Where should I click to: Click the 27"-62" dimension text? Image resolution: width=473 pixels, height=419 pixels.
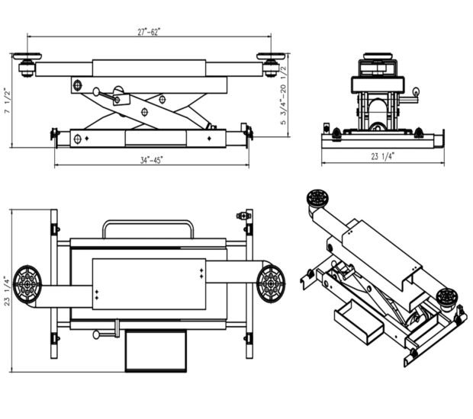[149, 31]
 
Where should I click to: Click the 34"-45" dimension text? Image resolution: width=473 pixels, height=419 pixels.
[151, 160]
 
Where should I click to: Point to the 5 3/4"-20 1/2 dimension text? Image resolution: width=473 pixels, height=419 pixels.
[284, 94]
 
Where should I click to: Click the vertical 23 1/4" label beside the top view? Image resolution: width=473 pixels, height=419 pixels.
[7, 289]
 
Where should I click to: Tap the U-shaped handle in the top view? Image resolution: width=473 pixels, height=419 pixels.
[148, 226]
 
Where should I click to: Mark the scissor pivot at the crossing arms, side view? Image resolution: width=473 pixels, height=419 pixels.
[144, 112]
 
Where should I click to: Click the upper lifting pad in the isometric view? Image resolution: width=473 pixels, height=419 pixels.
[315, 200]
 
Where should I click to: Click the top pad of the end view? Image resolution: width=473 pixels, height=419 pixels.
[379, 58]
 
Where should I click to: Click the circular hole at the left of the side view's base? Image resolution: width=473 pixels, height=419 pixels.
[77, 139]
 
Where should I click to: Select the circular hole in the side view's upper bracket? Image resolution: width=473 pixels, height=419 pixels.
[77, 85]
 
